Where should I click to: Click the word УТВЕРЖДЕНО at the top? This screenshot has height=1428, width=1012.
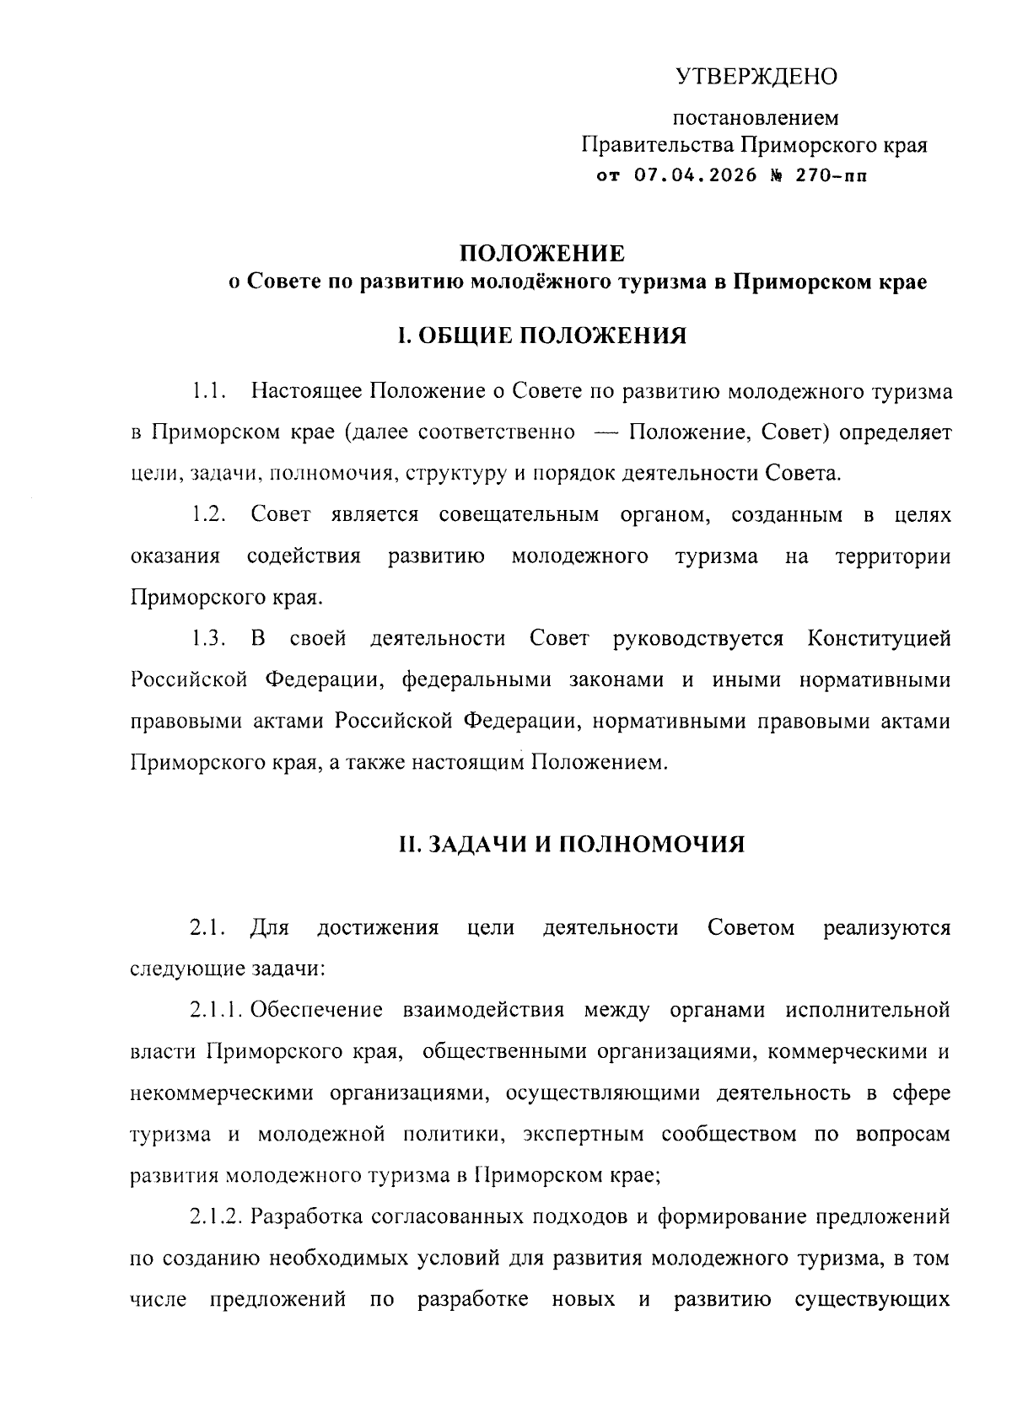coord(756,78)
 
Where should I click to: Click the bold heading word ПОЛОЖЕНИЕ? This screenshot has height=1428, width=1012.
coord(541,253)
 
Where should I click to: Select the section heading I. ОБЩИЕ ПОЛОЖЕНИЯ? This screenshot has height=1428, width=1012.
coord(541,336)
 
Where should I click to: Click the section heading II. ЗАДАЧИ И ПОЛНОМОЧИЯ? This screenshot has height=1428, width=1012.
coord(572,844)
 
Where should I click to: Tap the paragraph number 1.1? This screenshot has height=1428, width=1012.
coord(207,392)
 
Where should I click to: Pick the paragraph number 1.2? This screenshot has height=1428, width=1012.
coord(207,515)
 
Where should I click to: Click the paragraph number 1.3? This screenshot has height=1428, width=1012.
coord(207,638)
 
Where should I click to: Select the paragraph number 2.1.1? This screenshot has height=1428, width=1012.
coord(217,1010)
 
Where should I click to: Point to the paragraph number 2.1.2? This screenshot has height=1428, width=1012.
coord(217,1217)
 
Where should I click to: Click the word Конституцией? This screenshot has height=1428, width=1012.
coord(879,638)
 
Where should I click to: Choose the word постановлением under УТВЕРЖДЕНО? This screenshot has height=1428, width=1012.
coord(756,119)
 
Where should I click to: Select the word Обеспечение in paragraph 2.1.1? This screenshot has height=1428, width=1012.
coord(316,1010)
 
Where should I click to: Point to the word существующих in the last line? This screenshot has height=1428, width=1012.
coord(873,1300)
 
